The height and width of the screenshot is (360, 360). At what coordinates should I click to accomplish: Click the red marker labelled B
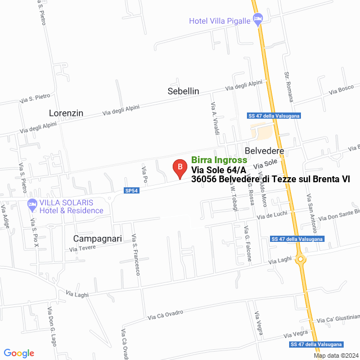179,167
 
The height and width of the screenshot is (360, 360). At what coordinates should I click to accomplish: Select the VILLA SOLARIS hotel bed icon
31,203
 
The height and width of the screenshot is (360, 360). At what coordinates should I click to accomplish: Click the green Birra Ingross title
219,160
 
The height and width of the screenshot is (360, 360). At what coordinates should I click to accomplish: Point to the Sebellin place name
183,91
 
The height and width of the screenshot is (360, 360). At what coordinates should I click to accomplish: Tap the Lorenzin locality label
66,113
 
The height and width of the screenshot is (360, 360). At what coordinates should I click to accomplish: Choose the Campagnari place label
97,238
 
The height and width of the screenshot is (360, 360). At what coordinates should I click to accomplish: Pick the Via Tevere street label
83,248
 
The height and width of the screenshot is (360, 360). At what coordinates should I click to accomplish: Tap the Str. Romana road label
289,87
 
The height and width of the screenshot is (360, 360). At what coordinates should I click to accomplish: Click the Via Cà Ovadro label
166,314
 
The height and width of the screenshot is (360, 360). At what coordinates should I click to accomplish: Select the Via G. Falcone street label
247,243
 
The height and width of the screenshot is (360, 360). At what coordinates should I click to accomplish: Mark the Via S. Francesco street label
136,254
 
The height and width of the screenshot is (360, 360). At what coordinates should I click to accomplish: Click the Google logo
19,353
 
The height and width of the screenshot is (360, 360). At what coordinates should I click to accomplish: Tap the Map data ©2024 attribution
335,355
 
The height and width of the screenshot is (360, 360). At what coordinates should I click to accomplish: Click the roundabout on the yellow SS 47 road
301,259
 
